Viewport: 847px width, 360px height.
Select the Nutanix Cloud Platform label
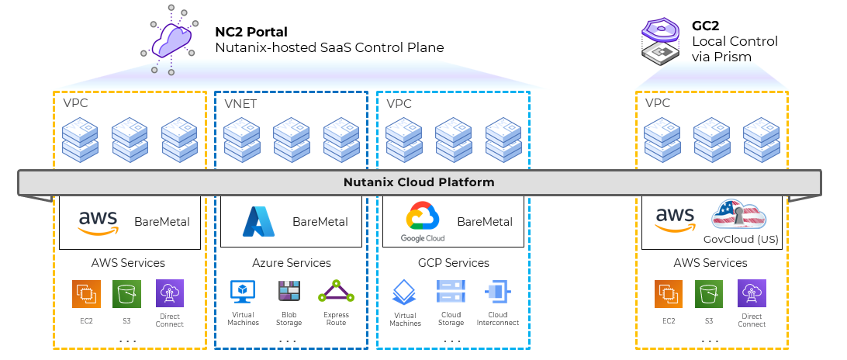[419, 183]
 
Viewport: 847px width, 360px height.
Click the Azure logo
[258, 221]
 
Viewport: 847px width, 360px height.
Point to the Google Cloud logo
[423, 220]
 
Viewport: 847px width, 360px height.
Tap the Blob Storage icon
[289, 292]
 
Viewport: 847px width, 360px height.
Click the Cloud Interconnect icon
[496, 292]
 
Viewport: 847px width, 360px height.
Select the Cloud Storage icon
[450, 292]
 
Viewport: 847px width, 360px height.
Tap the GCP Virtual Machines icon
[405, 293]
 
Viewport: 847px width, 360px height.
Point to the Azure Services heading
[292, 263]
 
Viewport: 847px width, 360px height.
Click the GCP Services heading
[453, 263]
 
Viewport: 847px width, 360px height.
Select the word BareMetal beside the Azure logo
[320, 222]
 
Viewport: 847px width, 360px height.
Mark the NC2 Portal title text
[251, 33]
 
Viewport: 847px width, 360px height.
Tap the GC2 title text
[707, 26]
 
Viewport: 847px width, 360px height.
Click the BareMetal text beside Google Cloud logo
[485, 222]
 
